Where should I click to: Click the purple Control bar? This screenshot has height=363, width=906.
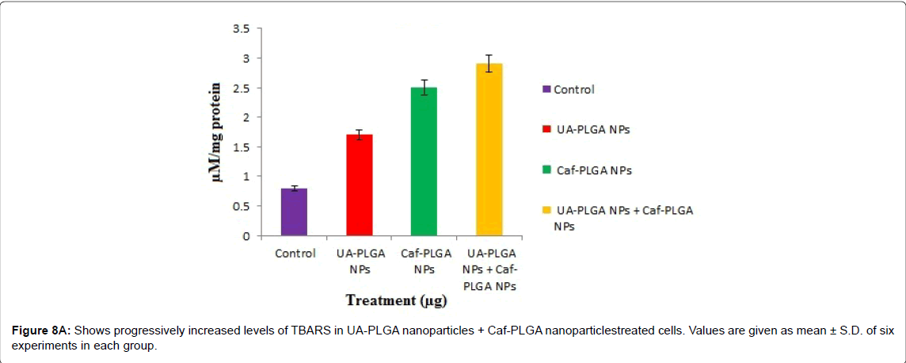pos(294,212)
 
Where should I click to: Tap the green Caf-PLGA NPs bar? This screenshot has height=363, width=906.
pos(424,162)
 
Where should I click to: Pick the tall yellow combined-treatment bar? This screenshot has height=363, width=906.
pos(489,150)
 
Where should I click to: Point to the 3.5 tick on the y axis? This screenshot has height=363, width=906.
pos(241,29)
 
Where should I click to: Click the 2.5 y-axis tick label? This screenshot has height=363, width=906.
pos(241,88)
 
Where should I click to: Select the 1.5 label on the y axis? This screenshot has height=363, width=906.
pos(241,147)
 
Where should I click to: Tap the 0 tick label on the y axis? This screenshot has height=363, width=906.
pos(246,236)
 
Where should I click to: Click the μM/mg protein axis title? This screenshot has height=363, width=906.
pos(219,132)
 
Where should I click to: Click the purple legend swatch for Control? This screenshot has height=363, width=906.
pos(547,90)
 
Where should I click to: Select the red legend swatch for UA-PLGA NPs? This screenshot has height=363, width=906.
pos(547,130)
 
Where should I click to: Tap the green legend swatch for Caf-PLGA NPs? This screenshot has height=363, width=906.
pos(547,170)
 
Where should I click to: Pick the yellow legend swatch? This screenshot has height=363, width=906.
pos(547,211)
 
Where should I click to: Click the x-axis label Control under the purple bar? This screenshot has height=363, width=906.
pos(295,254)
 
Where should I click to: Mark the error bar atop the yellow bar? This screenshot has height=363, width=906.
pos(489,63)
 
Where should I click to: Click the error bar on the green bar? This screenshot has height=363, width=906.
pos(424,87)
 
